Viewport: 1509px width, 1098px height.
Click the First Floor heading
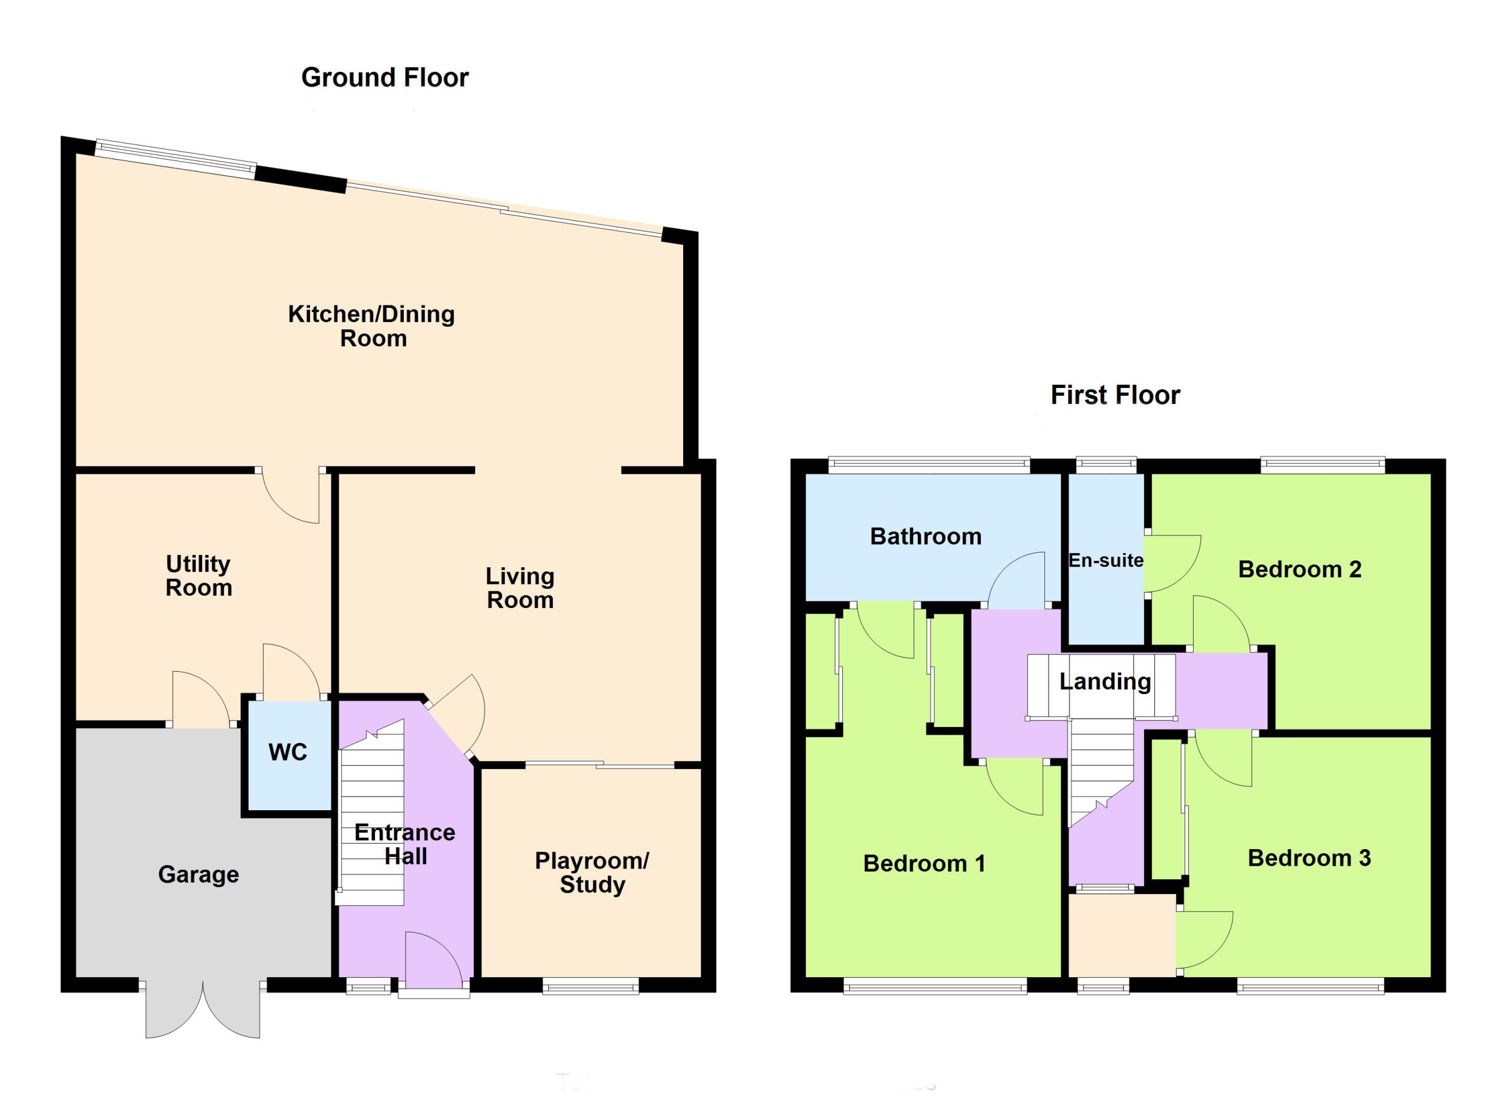point(1115,395)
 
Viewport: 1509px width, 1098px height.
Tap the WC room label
point(288,752)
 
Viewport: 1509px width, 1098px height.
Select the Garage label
point(198,875)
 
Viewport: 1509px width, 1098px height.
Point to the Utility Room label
point(198,576)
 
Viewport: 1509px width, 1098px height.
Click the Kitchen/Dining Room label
point(371,326)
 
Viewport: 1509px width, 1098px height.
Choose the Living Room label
point(520,589)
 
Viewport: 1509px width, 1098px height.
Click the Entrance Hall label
point(404,844)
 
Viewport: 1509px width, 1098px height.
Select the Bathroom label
point(925,537)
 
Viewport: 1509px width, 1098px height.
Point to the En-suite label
point(1106,560)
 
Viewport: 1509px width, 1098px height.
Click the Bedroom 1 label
point(924,864)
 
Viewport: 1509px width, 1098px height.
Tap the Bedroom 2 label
point(1299,570)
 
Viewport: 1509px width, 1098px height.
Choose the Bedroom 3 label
point(1309,859)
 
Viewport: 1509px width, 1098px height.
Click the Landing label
point(1105,682)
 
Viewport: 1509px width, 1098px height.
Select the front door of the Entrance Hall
point(434,963)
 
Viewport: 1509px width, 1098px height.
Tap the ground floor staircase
point(371,812)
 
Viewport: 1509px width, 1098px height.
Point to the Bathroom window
point(929,465)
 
